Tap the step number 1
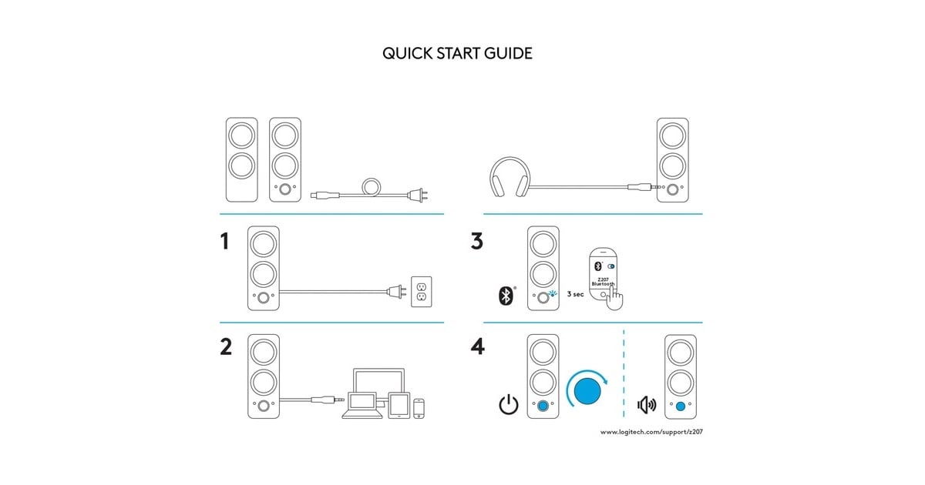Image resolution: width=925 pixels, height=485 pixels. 224,241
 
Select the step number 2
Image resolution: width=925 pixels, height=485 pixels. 226,347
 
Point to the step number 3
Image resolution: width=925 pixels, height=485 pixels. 477,241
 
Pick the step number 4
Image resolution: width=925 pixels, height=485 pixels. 478,347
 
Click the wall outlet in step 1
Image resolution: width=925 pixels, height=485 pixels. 422,292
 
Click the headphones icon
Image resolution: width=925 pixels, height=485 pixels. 510,176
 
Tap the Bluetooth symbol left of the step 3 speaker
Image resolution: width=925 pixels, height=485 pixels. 506,296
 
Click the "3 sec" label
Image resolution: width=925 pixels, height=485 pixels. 576,294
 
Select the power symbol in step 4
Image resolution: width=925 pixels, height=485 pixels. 509,404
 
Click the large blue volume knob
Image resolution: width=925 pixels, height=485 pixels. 587,391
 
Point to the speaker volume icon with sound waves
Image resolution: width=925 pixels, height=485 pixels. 647,405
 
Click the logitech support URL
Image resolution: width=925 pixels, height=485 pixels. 651,432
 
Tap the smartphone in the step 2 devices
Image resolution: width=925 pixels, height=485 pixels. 419,408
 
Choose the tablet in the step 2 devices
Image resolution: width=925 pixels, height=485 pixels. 399,406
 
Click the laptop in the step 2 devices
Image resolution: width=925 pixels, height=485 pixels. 362,406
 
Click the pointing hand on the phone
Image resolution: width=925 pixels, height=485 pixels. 615,298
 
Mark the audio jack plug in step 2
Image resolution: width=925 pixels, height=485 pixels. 328,400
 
